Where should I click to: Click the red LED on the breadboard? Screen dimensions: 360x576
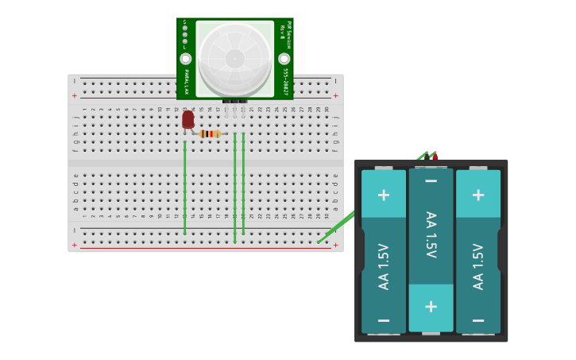coord(187,119)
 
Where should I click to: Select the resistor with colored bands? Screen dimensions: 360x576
coord(209,134)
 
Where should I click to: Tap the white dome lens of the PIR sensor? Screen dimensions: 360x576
coord(234,58)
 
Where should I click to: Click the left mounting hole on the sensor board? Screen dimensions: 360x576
coord(186,59)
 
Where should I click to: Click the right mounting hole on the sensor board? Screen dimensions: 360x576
coord(284,59)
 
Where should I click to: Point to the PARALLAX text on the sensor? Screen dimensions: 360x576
coord(186,82)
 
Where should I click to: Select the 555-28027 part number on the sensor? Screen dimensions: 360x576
coord(285,81)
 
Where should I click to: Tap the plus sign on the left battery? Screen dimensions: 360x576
coord(383,195)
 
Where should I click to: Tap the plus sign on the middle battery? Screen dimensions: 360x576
coord(431,306)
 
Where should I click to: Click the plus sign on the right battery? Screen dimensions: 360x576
coord(477,195)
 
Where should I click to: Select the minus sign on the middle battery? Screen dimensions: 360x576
coord(431,181)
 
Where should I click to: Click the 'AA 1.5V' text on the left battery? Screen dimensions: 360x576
coord(384,266)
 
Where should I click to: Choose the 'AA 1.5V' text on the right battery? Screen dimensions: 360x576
coord(478,266)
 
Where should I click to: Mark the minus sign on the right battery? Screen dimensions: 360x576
coord(477,319)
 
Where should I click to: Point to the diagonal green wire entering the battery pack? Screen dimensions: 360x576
coord(338,226)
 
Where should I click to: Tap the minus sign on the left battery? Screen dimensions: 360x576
coord(383,319)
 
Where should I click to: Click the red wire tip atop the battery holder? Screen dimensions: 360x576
coord(435,157)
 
